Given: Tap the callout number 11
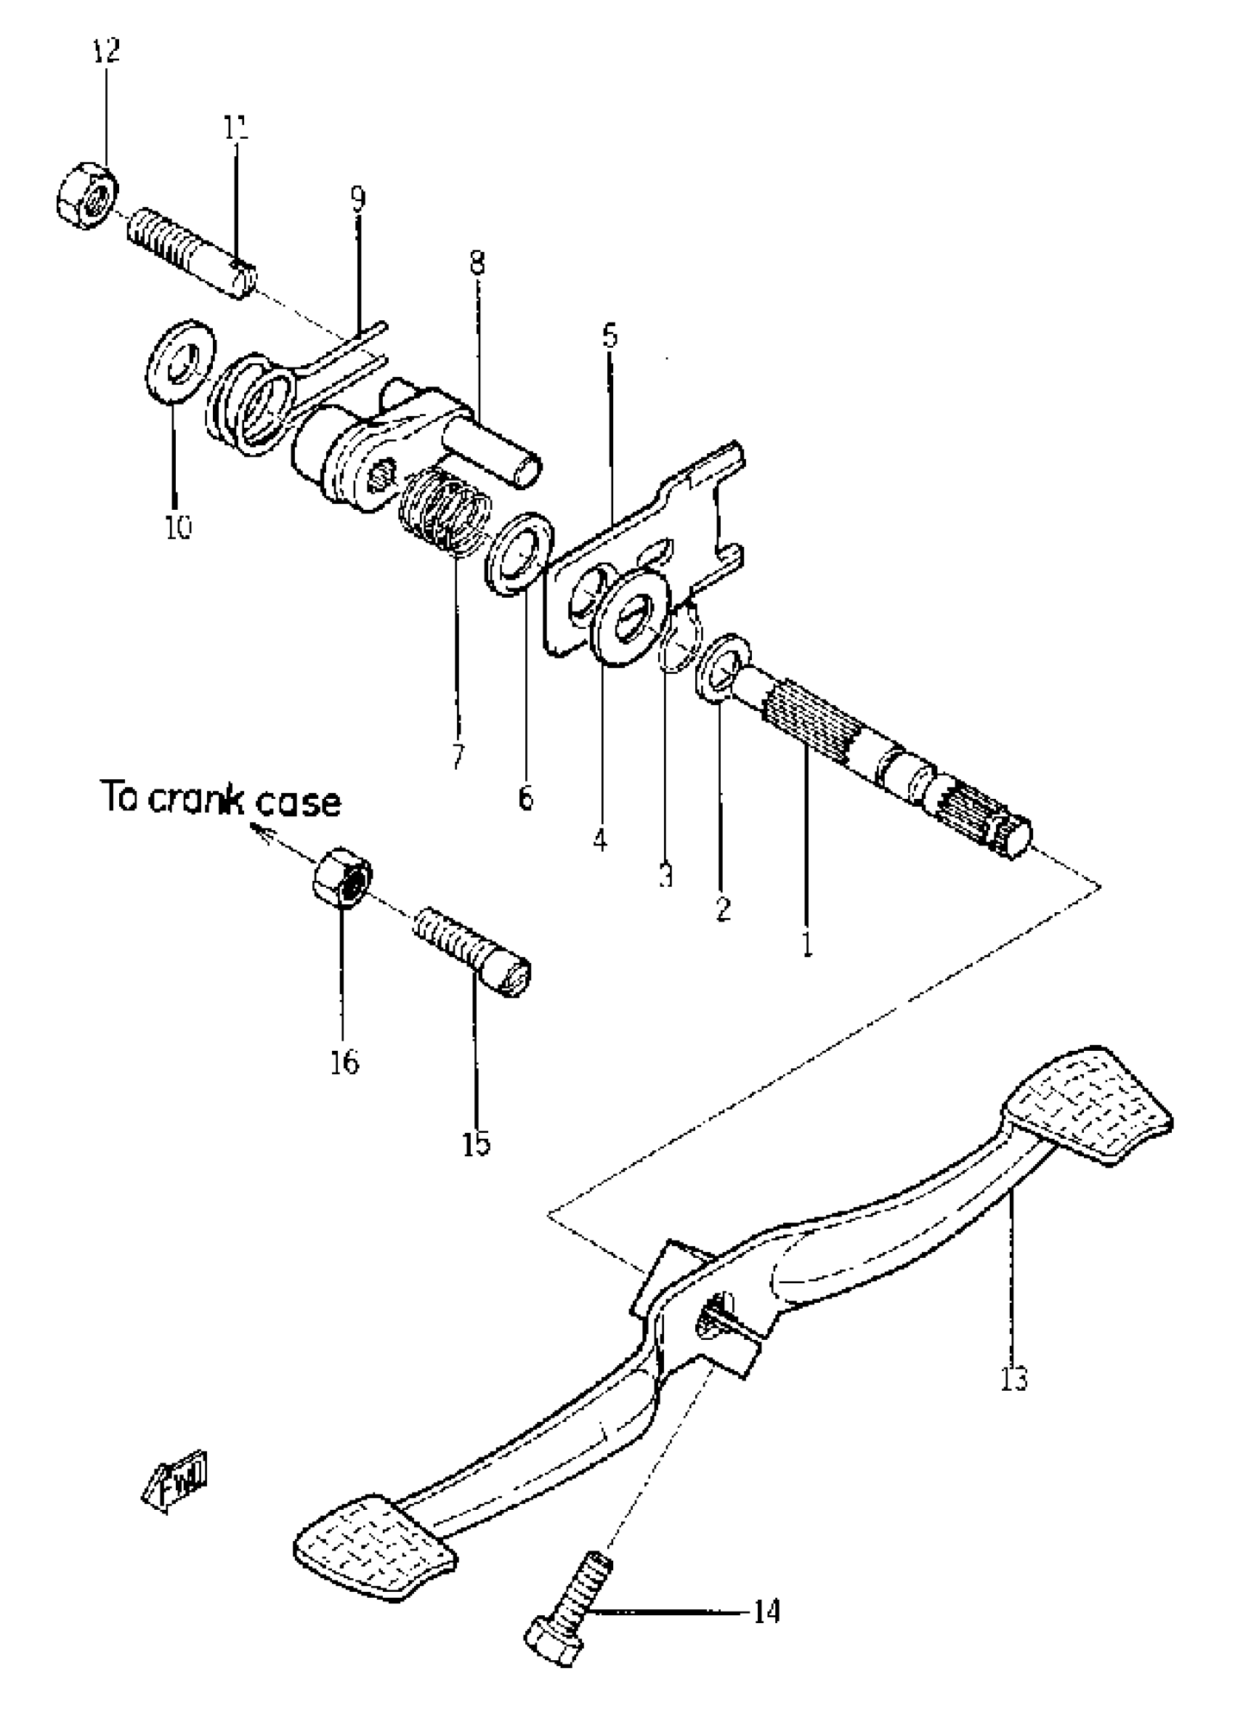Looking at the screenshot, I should tap(235, 128).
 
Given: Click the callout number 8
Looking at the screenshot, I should tap(477, 264).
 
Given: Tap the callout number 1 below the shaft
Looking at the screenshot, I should tap(807, 944).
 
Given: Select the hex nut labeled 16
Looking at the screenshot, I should tap(341, 877).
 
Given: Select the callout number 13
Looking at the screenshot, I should tap(1015, 1379).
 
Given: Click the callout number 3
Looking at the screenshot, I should tap(665, 876).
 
